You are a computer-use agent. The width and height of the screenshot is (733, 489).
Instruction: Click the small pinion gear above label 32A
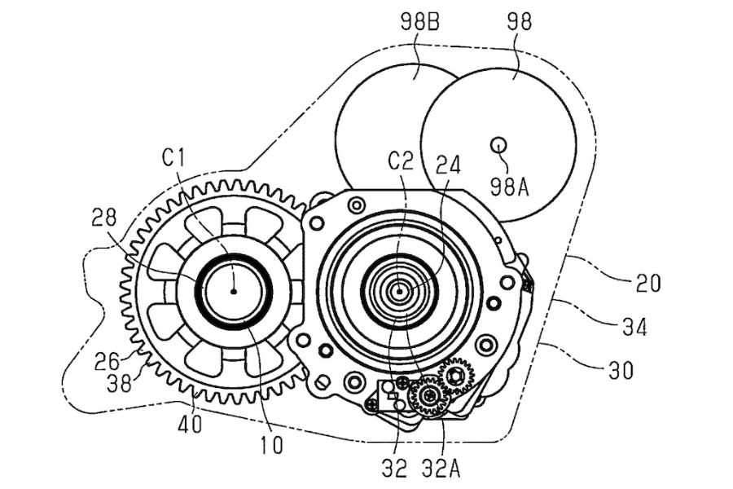coord(428,397)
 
